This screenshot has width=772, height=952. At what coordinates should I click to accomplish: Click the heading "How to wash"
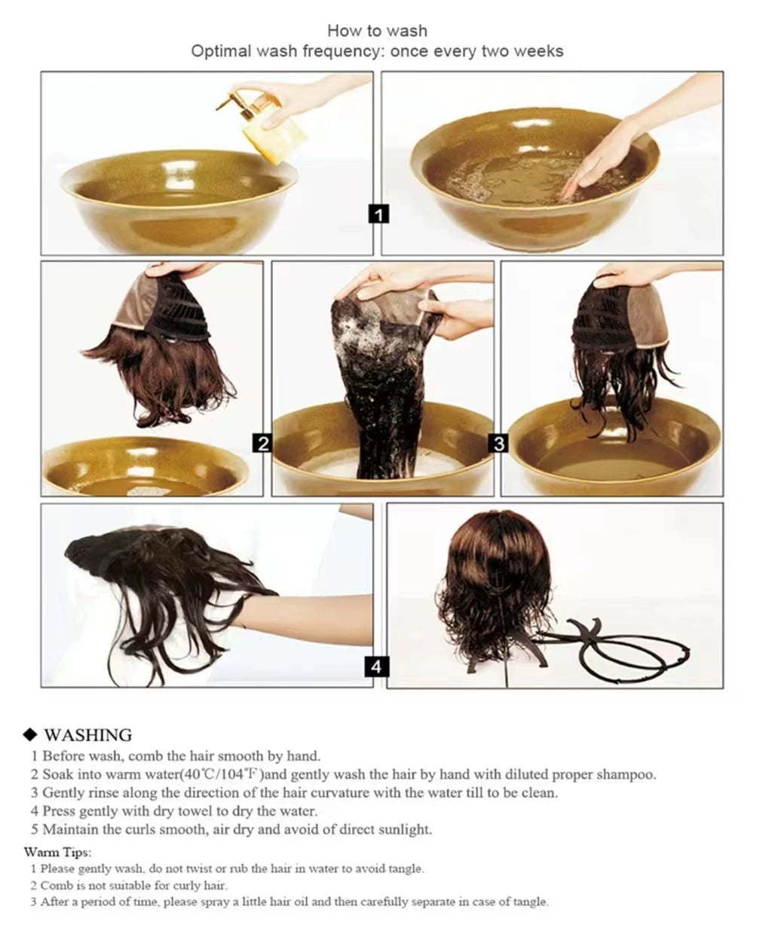(x=377, y=31)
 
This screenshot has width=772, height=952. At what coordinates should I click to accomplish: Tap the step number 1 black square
(x=378, y=215)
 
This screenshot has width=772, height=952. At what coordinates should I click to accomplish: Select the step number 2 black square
(x=262, y=444)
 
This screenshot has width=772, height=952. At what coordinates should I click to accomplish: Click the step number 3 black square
(x=499, y=444)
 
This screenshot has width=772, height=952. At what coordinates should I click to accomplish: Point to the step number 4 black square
(x=377, y=666)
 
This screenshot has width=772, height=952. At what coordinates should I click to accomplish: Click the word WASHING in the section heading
(x=87, y=735)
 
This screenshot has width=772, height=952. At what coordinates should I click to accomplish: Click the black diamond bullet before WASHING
(x=31, y=735)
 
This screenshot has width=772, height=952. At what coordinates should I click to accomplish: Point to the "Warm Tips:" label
(x=57, y=852)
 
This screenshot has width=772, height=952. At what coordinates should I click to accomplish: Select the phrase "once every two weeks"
(x=476, y=51)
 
